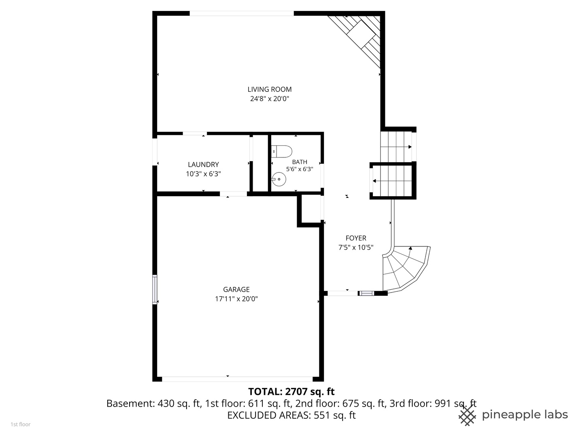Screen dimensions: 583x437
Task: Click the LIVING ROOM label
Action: pos(269,89)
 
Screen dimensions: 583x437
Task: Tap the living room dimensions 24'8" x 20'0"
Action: pos(269,99)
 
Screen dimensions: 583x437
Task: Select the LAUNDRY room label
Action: pos(203,165)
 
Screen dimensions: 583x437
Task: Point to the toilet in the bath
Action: pos(282,151)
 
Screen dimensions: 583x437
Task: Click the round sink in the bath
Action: pos(279,179)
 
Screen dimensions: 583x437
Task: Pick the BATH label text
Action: pos(300,162)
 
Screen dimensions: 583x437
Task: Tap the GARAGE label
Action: pos(236,289)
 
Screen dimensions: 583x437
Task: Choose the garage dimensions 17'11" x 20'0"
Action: pos(236,299)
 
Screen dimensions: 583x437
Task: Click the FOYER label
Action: pos(356,238)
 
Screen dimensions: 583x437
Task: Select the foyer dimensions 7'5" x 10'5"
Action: pos(356,247)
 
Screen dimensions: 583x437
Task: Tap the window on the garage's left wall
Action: pos(155,289)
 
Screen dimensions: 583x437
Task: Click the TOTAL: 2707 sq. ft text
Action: pos(291,391)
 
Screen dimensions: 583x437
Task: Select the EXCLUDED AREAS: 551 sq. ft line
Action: pos(291,415)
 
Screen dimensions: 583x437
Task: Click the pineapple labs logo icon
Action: pos(467,416)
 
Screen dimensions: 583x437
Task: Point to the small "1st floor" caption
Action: pos(21,424)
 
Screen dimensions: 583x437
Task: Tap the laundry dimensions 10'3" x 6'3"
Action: pos(203,174)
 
